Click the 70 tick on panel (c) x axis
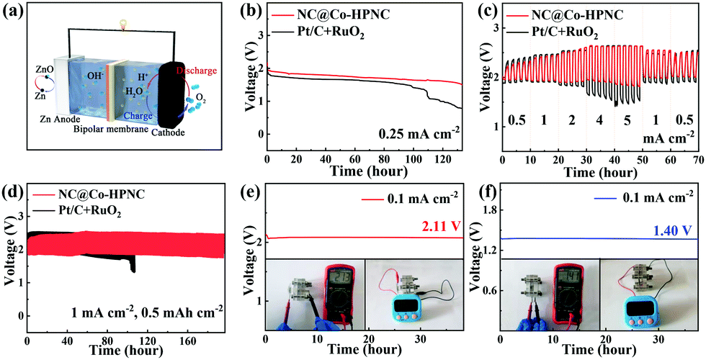click(x=697, y=160)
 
